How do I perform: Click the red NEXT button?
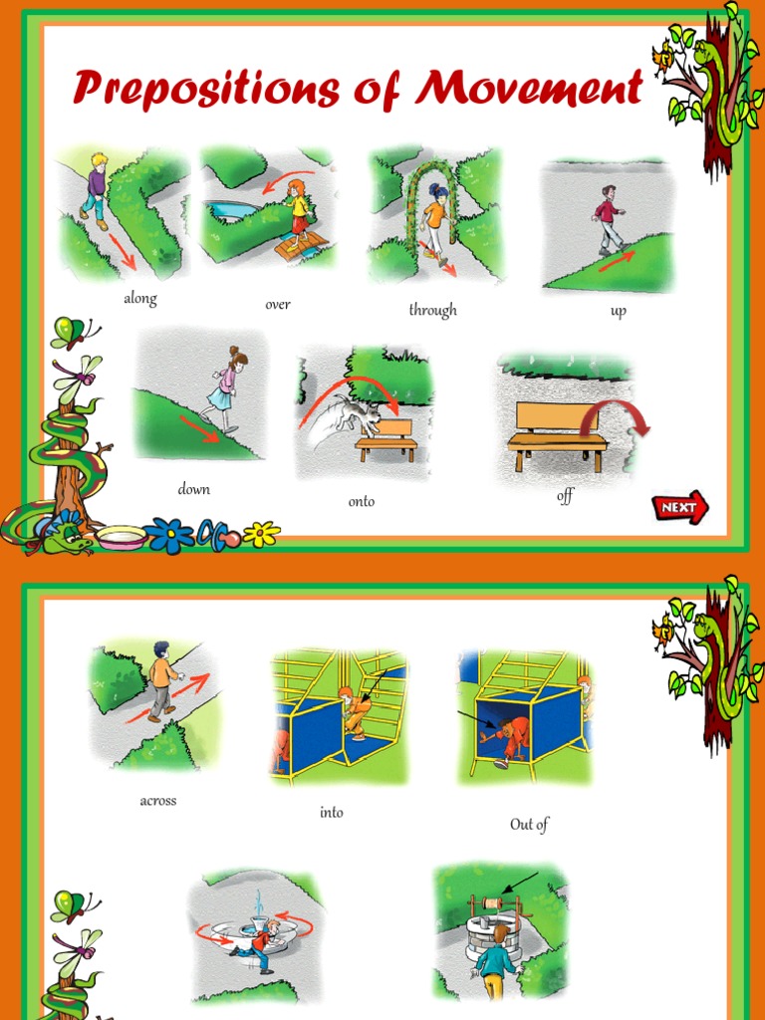[680, 508]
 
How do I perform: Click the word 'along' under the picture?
[140, 298]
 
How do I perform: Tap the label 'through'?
[432, 310]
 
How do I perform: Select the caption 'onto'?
[362, 501]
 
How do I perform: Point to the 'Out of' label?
[529, 824]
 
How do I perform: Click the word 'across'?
[158, 800]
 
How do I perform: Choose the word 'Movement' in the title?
[530, 90]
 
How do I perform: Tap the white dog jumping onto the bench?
[357, 411]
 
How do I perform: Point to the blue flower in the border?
[170, 536]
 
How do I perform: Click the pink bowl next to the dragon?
[121, 538]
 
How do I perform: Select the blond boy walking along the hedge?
[95, 190]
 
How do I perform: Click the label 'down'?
[194, 489]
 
